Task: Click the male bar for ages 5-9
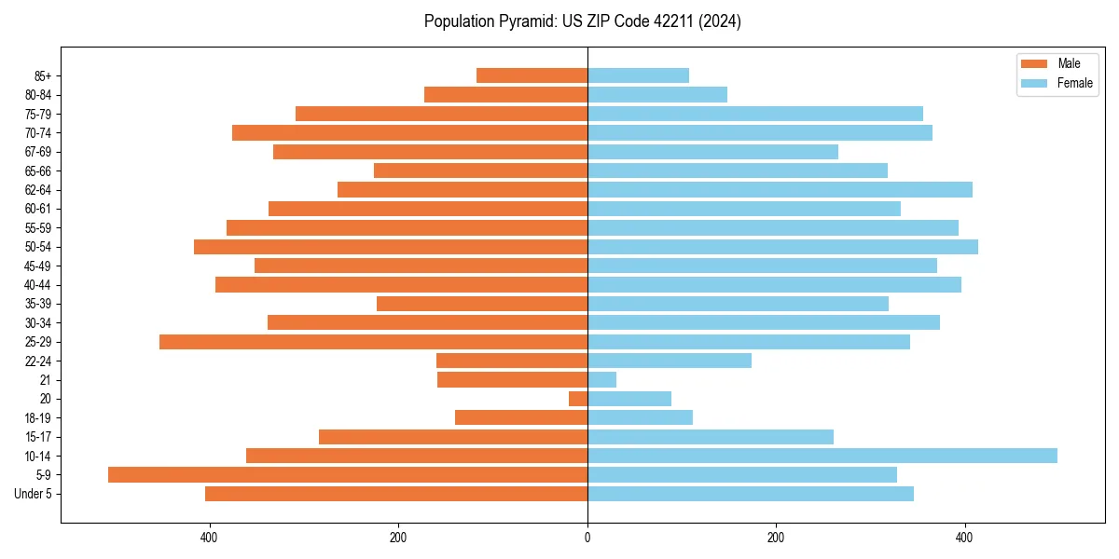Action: tap(347, 474)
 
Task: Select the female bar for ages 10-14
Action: tap(822, 456)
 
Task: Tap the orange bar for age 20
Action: tap(578, 399)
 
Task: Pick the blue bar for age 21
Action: tap(601, 379)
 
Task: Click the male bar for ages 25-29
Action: tap(373, 342)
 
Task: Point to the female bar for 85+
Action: tap(638, 75)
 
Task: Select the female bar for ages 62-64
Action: tap(780, 189)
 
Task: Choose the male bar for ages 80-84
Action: tap(505, 94)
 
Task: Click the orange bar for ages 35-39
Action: tap(482, 304)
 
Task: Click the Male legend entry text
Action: tap(1069, 63)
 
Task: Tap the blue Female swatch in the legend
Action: tap(1034, 83)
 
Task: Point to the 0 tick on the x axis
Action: tap(587, 538)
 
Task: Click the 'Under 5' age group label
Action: tap(33, 494)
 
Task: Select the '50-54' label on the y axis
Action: tap(38, 247)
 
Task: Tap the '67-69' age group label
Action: tap(38, 152)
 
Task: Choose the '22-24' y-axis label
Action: tap(38, 361)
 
